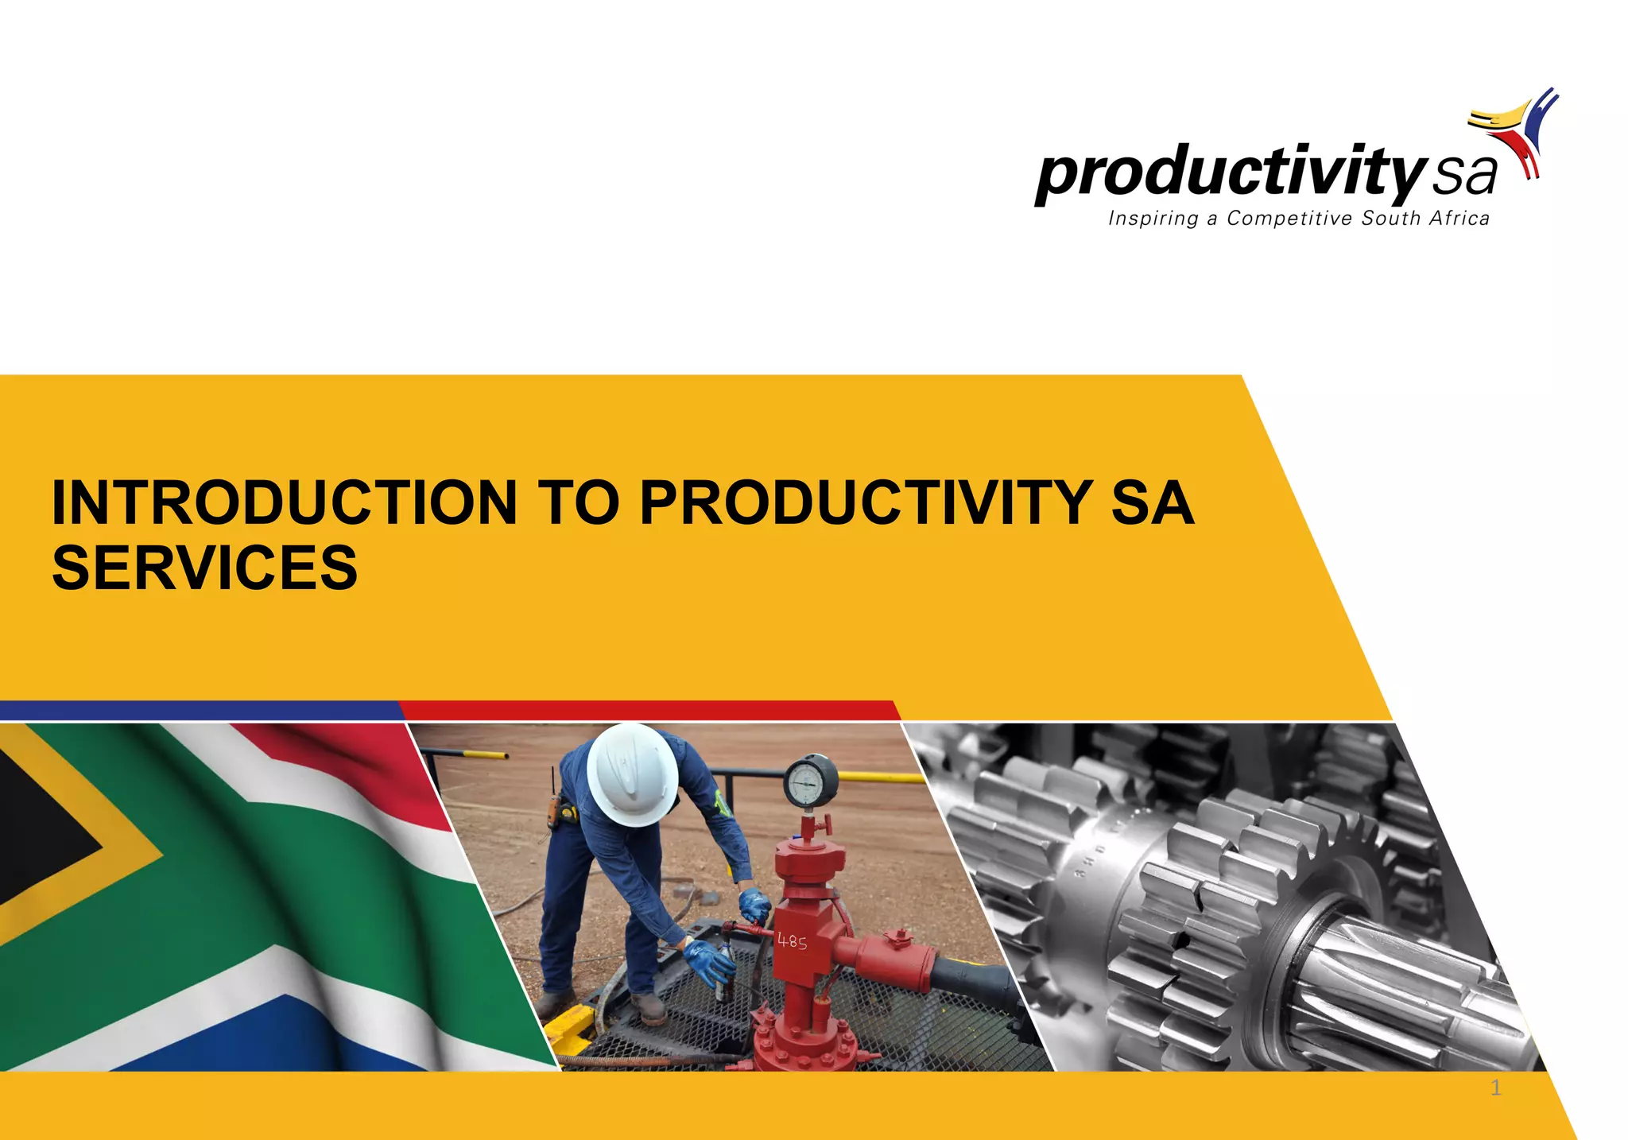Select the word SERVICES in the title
[x=205, y=568]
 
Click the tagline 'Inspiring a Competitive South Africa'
[x=1299, y=219]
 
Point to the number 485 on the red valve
[x=792, y=941]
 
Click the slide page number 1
[x=1495, y=1088]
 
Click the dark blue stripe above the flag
[x=199, y=710]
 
